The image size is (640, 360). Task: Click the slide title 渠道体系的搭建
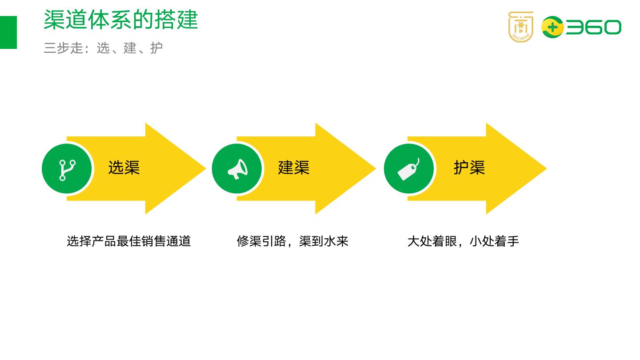point(120,20)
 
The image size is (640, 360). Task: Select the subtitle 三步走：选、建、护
point(103,48)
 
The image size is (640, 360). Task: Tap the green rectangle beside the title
point(8,32)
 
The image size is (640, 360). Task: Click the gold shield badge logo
point(520,27)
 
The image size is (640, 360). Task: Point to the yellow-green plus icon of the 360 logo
point(552,27)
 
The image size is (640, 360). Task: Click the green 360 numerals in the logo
point(593,28)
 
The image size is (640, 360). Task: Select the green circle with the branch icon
point(67,169)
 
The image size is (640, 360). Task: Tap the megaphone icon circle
point(237,169)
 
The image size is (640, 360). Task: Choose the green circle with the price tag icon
point(409,169)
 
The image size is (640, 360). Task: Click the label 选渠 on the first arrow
point(124,168)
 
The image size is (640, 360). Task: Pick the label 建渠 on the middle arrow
point(294,168)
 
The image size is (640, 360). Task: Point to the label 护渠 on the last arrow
point(469,168)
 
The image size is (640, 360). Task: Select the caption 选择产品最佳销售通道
point(129,241)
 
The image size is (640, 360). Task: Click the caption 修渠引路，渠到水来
point(292,241)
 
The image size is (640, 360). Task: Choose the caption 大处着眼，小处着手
point(463,241)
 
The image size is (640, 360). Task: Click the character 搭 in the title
point(165,20)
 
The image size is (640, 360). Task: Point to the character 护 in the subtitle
point(156,48)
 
